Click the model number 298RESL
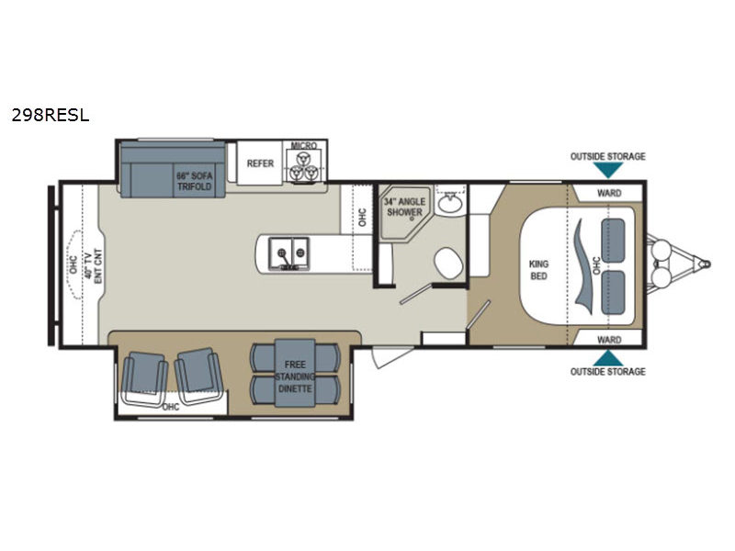click(x=51, y=115)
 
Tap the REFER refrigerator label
click(x=260, y=163)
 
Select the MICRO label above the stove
click(x=304, y=145)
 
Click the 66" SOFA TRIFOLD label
click(x=194, y=181)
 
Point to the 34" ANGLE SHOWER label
click(x=404, y=208)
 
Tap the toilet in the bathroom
click(x=448, y=264)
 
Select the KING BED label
click(x=538, y=270)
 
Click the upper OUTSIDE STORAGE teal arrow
click(x=608, y=171)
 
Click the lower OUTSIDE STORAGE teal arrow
click(x=608, y=358)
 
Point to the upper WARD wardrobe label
click(x=609, y=193)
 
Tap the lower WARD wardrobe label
click(x=609, y=339)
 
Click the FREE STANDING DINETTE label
click(x=295, y=377)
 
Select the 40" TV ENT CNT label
click(x=93, y=266)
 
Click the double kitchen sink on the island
click(x=288, y=253)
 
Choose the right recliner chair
click(x=199, y=376)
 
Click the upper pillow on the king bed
click(x=613, y=241)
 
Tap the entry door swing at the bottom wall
click(x=392, y=357)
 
